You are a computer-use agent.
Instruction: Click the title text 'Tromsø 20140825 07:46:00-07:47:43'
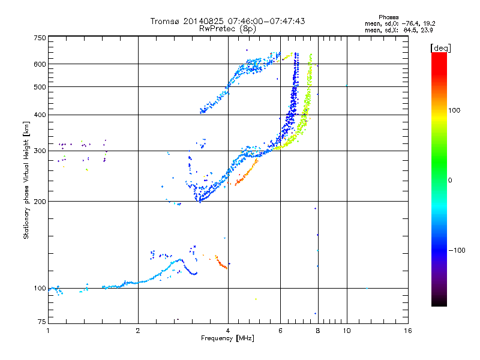coord(227,21)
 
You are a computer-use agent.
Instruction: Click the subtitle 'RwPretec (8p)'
coord(227,28)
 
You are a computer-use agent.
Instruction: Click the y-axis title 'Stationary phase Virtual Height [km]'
coord(26,181)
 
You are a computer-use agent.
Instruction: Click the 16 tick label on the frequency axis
coord(407,331)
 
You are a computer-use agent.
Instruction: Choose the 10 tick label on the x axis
coord(347,331)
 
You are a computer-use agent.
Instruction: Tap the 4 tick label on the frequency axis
coord(228,331)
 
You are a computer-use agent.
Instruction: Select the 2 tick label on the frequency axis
coord(138,331)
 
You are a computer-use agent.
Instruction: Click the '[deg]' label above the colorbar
coord(441,47)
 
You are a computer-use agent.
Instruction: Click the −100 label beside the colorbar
coord(457,250)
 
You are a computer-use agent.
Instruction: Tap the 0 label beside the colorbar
coord(451,180)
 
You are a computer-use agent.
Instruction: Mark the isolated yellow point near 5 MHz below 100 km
coord(256,299)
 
